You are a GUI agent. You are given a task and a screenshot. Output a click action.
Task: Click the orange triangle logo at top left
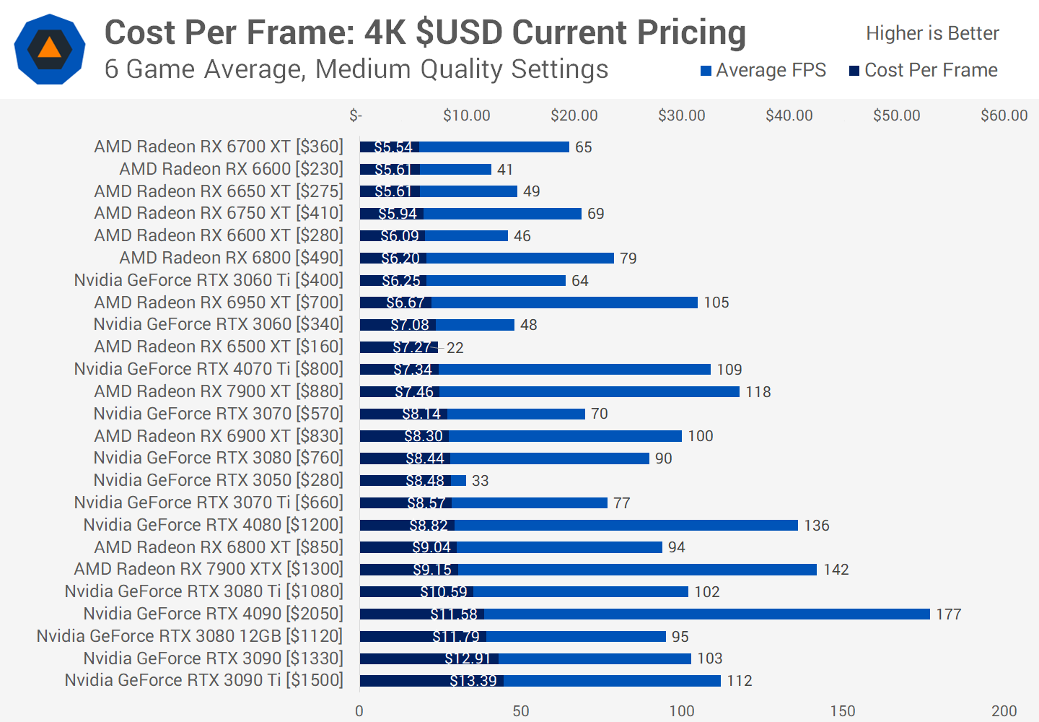[x=49, y=49]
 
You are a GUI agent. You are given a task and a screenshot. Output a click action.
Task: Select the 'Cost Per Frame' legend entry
[x=924, y=70]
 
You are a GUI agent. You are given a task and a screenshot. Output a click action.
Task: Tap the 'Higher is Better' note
[x=932, y=33]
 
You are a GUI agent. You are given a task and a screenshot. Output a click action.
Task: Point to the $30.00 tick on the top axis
[x=681, y=116]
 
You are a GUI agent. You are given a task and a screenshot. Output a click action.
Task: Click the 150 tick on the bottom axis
[x=843, y=710]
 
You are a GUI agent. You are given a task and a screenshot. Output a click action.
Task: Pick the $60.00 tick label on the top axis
[x=1004, y=116]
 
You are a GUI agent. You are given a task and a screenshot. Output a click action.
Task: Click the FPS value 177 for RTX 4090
[x=949, y=614]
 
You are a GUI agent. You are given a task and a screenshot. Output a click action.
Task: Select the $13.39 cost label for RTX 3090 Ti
[x=473, y=681]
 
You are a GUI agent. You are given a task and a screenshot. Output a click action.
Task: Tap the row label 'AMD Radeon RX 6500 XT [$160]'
[x=219, y=347]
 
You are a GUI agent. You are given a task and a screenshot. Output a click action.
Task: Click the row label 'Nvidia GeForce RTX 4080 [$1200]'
[x=213, y=525]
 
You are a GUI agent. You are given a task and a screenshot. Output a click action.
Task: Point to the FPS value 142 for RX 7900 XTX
[x=836, y=570]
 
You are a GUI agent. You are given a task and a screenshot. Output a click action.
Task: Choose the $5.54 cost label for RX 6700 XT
[x=393, y=147]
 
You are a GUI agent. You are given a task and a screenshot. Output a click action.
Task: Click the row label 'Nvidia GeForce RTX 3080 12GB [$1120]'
[x=190, y=636]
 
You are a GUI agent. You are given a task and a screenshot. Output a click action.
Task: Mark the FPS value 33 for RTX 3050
[x=480, y=481]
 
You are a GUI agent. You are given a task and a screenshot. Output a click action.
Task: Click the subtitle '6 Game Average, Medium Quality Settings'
[x=356, y=69]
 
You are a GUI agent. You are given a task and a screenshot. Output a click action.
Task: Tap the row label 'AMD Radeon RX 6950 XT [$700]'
[x=219, y=303]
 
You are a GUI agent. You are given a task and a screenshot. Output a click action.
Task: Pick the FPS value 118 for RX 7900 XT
[x=758, y=392]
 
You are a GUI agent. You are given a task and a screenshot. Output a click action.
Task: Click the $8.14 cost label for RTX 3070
[x=421, y=414]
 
